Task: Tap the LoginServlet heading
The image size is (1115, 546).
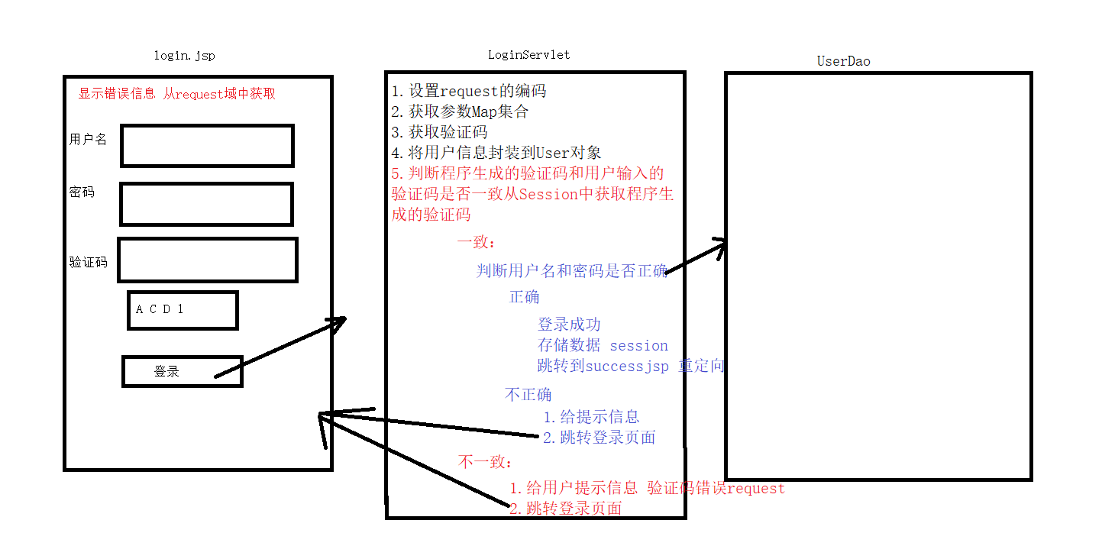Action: [528, 54]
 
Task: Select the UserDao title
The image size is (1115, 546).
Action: [843, 61]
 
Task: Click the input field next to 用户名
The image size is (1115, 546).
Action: [207, 146]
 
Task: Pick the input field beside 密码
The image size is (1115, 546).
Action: [206, 204]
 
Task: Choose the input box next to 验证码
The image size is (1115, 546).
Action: [207, 260]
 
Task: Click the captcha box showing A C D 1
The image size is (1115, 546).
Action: [183, 310]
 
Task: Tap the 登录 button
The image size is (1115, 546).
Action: [182, 371]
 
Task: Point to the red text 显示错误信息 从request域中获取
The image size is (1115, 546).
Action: [176, 94]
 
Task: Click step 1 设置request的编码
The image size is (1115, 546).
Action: [469, 91]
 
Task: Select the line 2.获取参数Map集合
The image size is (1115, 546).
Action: [460, 111]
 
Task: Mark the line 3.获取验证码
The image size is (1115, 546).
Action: [439, 132]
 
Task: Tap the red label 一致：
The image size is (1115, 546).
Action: [477, 242]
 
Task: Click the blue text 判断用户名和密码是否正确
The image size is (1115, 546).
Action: [571, 270]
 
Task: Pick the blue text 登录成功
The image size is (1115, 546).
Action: [569, 325]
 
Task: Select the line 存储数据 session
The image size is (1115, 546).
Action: [603, 345]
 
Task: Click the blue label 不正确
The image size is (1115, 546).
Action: [528, 395]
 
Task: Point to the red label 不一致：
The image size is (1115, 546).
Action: [486, 462]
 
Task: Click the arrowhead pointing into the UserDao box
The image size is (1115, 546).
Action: [719, 244]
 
